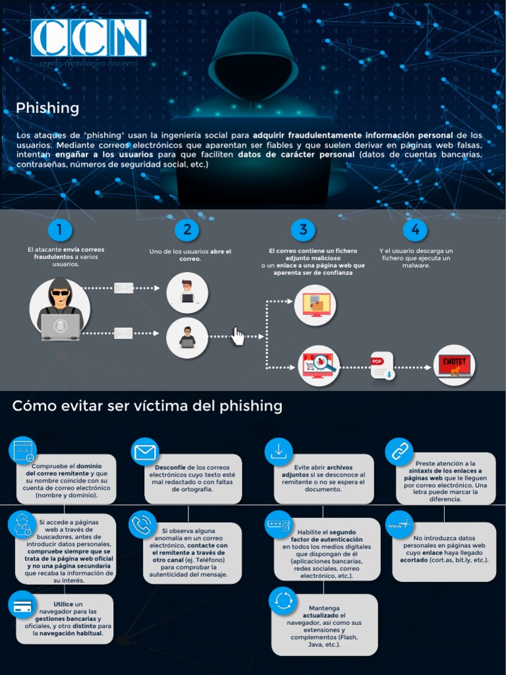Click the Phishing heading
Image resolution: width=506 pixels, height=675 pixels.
pos(47,108)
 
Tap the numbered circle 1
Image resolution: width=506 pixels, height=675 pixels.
pos(60,229)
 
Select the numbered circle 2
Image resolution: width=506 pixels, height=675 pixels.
pos(187,229)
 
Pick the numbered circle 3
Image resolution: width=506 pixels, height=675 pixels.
pos(303,229)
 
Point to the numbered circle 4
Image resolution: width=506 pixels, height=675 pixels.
pos(415,229)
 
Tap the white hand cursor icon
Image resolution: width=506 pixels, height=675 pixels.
pos(237,336)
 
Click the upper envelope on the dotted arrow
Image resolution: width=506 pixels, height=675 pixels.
pos(123,288)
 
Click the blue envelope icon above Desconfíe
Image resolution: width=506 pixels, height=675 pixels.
pos(145,452)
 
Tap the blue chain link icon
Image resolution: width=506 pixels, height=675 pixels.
pos(399,452)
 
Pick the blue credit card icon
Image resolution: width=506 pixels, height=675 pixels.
pos(22,604)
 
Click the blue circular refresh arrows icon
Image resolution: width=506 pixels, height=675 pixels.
pos(283,601)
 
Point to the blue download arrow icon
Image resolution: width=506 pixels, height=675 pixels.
pos(279,452)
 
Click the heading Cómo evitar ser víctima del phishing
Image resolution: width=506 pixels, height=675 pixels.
pos(147,406)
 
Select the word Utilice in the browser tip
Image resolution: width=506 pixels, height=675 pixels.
pos(63,603)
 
